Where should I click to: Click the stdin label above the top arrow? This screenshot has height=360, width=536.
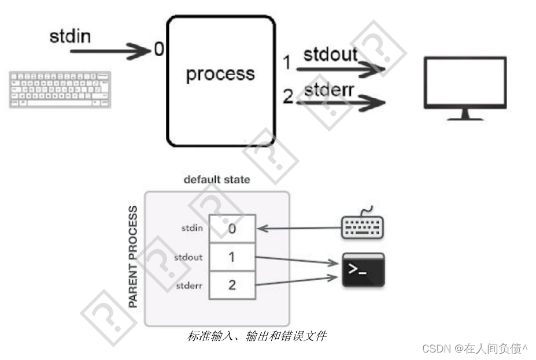pyautogui.click(x=70, y=37)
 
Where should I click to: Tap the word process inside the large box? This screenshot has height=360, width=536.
pyautogui.click(x=220, y=74)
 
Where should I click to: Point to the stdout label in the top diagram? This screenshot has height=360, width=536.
pyautogui.click(x=331, y=55)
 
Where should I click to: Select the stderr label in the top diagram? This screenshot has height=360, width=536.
pyautogui.click(x=330, y=90)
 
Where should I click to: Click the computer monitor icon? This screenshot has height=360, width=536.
pyautogui.click(x=465, y=87)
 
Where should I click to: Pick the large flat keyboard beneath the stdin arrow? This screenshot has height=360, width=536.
pyautogui.click(x=60, y=90)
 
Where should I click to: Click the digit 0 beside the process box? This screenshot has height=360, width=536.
pyautogui.click(x=159, y=50)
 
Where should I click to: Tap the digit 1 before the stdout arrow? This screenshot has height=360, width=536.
pyautogui.click(x=287, y=62)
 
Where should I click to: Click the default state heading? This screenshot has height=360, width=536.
pyautogui.click(x=217, y=180)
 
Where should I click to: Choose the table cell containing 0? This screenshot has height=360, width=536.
pyautogui.click(x=232, y=228)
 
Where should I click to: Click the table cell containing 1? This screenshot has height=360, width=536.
pyautogui.click(x=232, y=257)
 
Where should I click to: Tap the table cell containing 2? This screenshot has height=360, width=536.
pyautogui.click(x=232, y=285)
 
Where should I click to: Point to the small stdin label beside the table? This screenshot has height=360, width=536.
pyautogui.click(x=192, y=228)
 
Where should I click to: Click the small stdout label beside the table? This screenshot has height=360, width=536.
pyautogui.click(x=188, y=257)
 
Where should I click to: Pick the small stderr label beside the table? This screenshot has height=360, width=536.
pyautogui.click(x=189, y=285)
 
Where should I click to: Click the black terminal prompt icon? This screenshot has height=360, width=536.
pyautogui.click(x=363, y=270)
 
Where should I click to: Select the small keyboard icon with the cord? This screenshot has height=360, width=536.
pyautogui.click(x=363, y=225)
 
